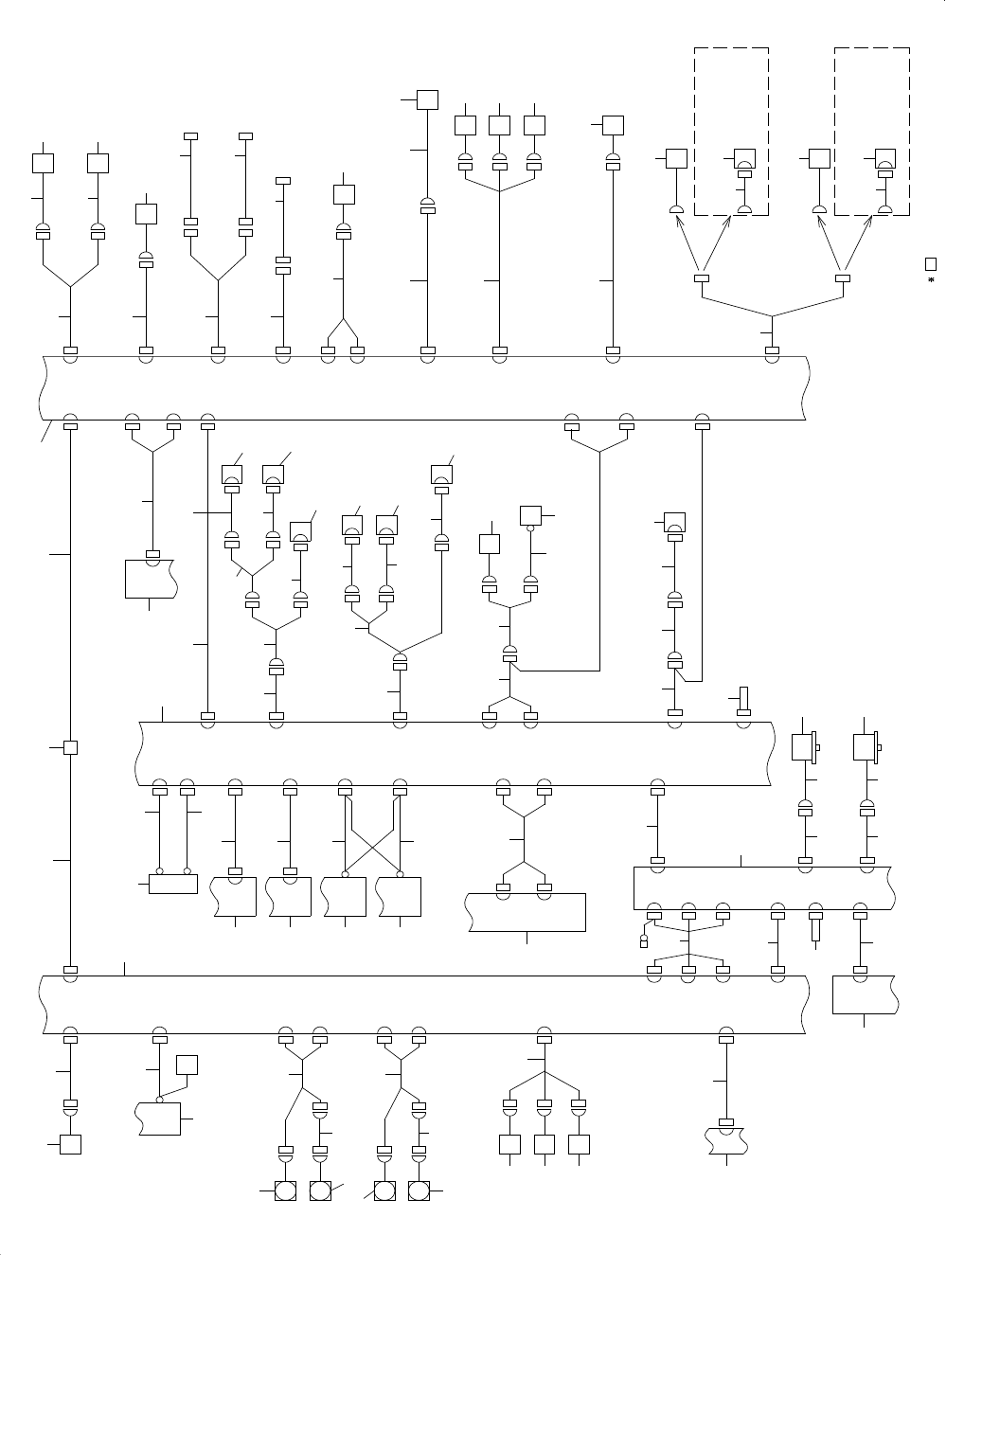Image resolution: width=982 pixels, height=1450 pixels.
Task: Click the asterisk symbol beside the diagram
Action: [x=931, y=280]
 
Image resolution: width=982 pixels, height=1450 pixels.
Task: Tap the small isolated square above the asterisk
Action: [x=931, y=263]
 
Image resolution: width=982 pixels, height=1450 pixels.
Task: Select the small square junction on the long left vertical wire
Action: [x=69, y=747]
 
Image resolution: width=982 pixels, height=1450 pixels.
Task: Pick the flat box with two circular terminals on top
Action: [x=173, y=883]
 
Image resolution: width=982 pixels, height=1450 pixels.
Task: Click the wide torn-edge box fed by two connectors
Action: [x=527, y=912]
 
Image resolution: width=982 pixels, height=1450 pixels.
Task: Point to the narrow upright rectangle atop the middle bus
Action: [x=745, y=700]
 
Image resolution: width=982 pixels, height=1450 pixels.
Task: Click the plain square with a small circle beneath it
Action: [x=530, y=516]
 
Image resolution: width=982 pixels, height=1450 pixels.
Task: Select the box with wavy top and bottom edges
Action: [x=726, y=1138]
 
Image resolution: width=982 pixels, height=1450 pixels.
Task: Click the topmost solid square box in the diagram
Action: [x=428, y=99]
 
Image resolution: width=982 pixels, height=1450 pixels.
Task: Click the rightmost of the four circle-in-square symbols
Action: [x=419, y=1190]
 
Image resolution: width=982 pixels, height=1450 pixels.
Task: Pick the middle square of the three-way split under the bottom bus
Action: [x=544, y=1144]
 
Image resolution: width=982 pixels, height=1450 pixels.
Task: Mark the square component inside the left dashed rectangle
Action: [x=744, y=159]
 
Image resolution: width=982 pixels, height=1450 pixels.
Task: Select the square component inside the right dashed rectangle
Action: [x=884, y=159]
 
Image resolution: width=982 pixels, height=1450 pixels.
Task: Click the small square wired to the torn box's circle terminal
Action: [x=187, y=1065]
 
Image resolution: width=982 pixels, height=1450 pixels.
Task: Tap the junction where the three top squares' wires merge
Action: [x=499, y=191]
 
